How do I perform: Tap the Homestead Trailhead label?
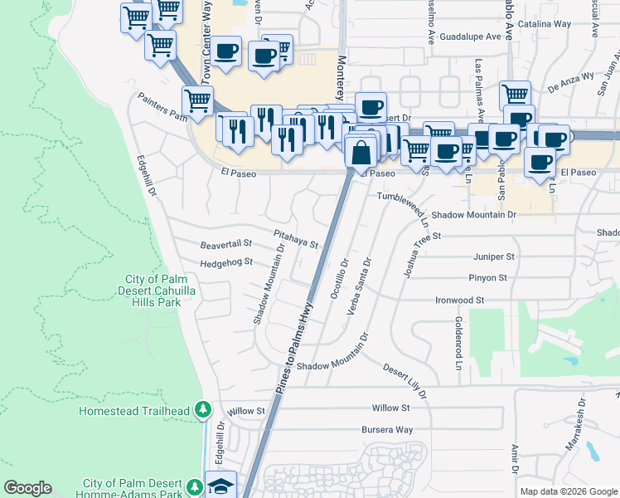134,411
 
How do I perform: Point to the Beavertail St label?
225,245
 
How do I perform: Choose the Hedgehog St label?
225,263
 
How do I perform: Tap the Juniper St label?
494,257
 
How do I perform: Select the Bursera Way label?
386,430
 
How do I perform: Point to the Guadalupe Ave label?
471,37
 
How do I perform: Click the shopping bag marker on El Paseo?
361,154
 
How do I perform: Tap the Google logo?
27,488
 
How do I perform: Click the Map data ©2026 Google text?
568,491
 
